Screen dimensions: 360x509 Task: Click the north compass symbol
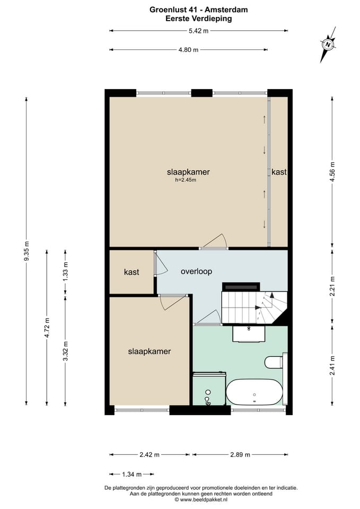click(328, 45)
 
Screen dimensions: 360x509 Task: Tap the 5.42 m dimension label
click(198, 31)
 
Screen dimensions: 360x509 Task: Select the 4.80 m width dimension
click(188, 50)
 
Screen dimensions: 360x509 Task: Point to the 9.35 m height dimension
click(27, 251)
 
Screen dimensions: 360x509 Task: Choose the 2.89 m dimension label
click(240, 455)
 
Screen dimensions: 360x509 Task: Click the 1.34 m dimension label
click(132, 475)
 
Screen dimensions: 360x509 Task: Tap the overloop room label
click(196, 271)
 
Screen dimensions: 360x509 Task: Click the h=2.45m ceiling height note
click(186, 180)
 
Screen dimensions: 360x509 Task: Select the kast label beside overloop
click(131, 272)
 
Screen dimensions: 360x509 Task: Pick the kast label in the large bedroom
click(279, 172)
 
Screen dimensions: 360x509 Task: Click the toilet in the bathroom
click(276, 362)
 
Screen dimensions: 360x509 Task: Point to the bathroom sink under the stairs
click(249, 334)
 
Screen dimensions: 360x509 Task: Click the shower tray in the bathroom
click(209, 389)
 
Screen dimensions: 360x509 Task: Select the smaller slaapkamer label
click(150, 351)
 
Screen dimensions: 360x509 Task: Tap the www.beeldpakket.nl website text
click(204, 499)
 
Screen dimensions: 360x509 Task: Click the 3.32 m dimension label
click(66, 351)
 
